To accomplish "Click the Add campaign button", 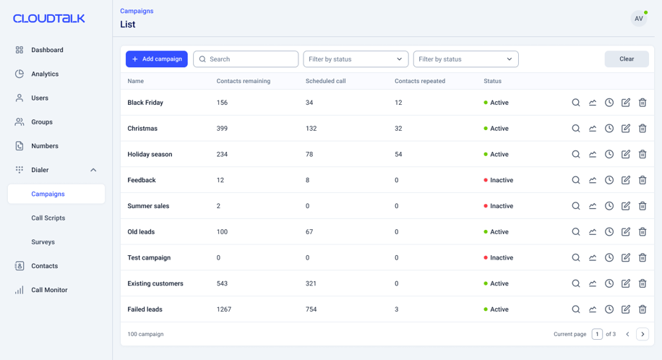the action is [x=157, y=59].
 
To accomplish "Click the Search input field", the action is [x=246, y=59].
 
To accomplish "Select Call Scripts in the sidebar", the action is [x=48, y=218].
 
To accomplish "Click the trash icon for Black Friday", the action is [x=642, y=103].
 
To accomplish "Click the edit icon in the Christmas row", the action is [x=626, y=129].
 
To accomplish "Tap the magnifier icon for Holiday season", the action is [x=576, y=154].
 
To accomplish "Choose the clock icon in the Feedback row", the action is [x=609, y=180].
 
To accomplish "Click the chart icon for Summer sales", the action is [x=593, y=206].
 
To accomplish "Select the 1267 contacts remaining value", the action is [x=224, y=309].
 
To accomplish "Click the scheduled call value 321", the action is [x=311, y=283].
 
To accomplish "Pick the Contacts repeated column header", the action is [x=420, y=81].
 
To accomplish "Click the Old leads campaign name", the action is [x=141, y=232].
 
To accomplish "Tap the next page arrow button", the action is [x=642, y=334].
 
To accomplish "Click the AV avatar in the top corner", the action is [x=639, y=19].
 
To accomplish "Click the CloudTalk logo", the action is [x=49, y=19].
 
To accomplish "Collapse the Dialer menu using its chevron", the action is [x=93, y=170].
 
